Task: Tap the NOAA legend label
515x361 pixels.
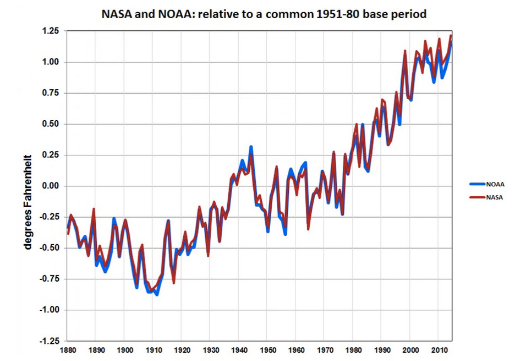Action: tap(495, 185)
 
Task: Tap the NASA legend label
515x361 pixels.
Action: tap(495, 197)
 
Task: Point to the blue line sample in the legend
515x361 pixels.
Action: tap(477, 185)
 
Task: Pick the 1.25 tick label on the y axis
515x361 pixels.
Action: tap(51, 31)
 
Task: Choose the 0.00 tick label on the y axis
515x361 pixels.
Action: tap(51, 186)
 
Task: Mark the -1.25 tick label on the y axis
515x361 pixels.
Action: tap(49, 341)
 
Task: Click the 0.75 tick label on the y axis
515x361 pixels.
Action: tap(51, 93)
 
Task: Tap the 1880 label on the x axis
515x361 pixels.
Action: tap(67, 351)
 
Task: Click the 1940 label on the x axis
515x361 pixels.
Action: tap(238, 351)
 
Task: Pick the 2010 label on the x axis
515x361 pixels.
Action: tap(438, 351)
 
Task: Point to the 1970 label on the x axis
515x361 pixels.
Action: tap(324, 351)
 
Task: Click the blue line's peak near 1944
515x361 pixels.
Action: tap(251, 148)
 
